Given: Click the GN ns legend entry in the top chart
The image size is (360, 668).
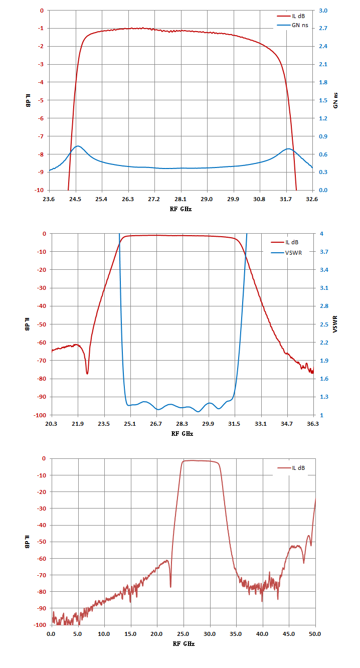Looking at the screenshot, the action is (293, 25).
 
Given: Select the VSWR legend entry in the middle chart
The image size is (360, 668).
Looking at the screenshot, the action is (286, 253).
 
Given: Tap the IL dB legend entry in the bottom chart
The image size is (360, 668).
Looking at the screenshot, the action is (291, 467).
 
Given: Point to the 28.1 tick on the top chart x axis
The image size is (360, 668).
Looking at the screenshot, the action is (181, 199).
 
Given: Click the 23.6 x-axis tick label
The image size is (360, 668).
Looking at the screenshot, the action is (49, 199).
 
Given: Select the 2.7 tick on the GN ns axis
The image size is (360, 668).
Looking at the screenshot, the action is (323, 28).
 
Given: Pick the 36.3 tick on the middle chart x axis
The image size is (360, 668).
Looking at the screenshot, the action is (312, 424).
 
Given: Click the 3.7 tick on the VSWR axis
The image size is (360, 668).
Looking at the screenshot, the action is (324, 252).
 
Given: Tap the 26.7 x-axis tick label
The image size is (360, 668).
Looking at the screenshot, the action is (156, 424).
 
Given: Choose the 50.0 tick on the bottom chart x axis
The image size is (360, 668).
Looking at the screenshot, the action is (315, 634).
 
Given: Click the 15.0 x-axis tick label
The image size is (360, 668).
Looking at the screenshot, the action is (130, 634).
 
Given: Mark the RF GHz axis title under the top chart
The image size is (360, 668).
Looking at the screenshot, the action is (181, 209).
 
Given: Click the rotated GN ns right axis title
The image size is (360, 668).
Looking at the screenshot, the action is (335, 100).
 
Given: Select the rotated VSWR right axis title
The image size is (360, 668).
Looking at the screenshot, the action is (335, 324).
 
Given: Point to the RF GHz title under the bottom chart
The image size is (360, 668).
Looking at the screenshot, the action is (184, 643).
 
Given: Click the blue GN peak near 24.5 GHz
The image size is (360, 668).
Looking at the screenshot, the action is (78, 146).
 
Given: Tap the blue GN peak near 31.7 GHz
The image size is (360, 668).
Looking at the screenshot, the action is (288, 148).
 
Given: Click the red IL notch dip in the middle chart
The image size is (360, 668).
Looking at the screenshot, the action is (87, 373).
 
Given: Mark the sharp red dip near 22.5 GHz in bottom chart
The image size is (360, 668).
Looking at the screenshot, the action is (170, 587).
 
